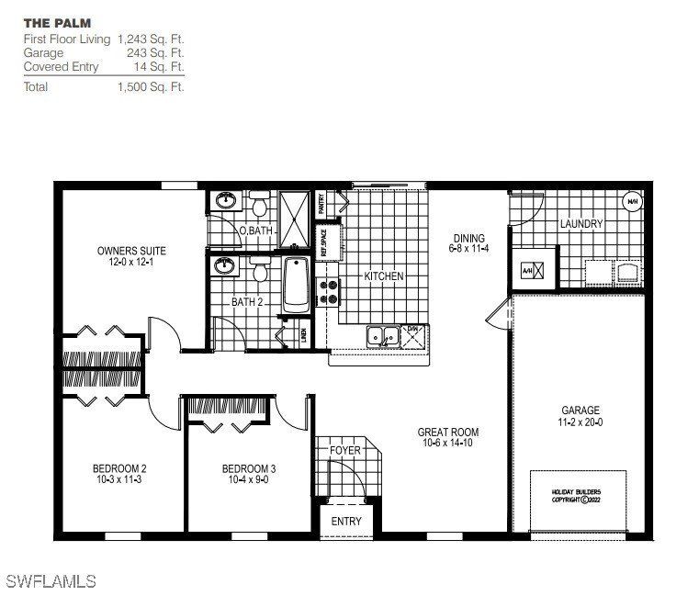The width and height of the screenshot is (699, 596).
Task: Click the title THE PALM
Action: (57, 22)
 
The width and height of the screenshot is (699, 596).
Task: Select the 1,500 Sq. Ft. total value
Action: (151, 87)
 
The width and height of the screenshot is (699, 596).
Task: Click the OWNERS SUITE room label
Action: (131, 250)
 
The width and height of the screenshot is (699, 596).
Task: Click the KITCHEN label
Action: (384, 276)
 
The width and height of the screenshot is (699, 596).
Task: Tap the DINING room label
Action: (468, 239)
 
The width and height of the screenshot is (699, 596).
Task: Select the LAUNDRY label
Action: (581, 223)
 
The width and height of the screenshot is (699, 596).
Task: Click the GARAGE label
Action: (581, 410)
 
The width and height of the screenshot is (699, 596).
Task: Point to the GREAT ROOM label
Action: (447, 432)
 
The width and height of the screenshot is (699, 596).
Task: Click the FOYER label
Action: (345, 451)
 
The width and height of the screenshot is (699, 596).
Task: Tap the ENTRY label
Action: (346, 522)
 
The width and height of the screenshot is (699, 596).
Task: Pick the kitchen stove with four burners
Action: (328, 292)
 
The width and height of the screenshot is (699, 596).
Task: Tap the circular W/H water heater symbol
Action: (633, 200)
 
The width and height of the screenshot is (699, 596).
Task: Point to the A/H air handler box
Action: (534, 271)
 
